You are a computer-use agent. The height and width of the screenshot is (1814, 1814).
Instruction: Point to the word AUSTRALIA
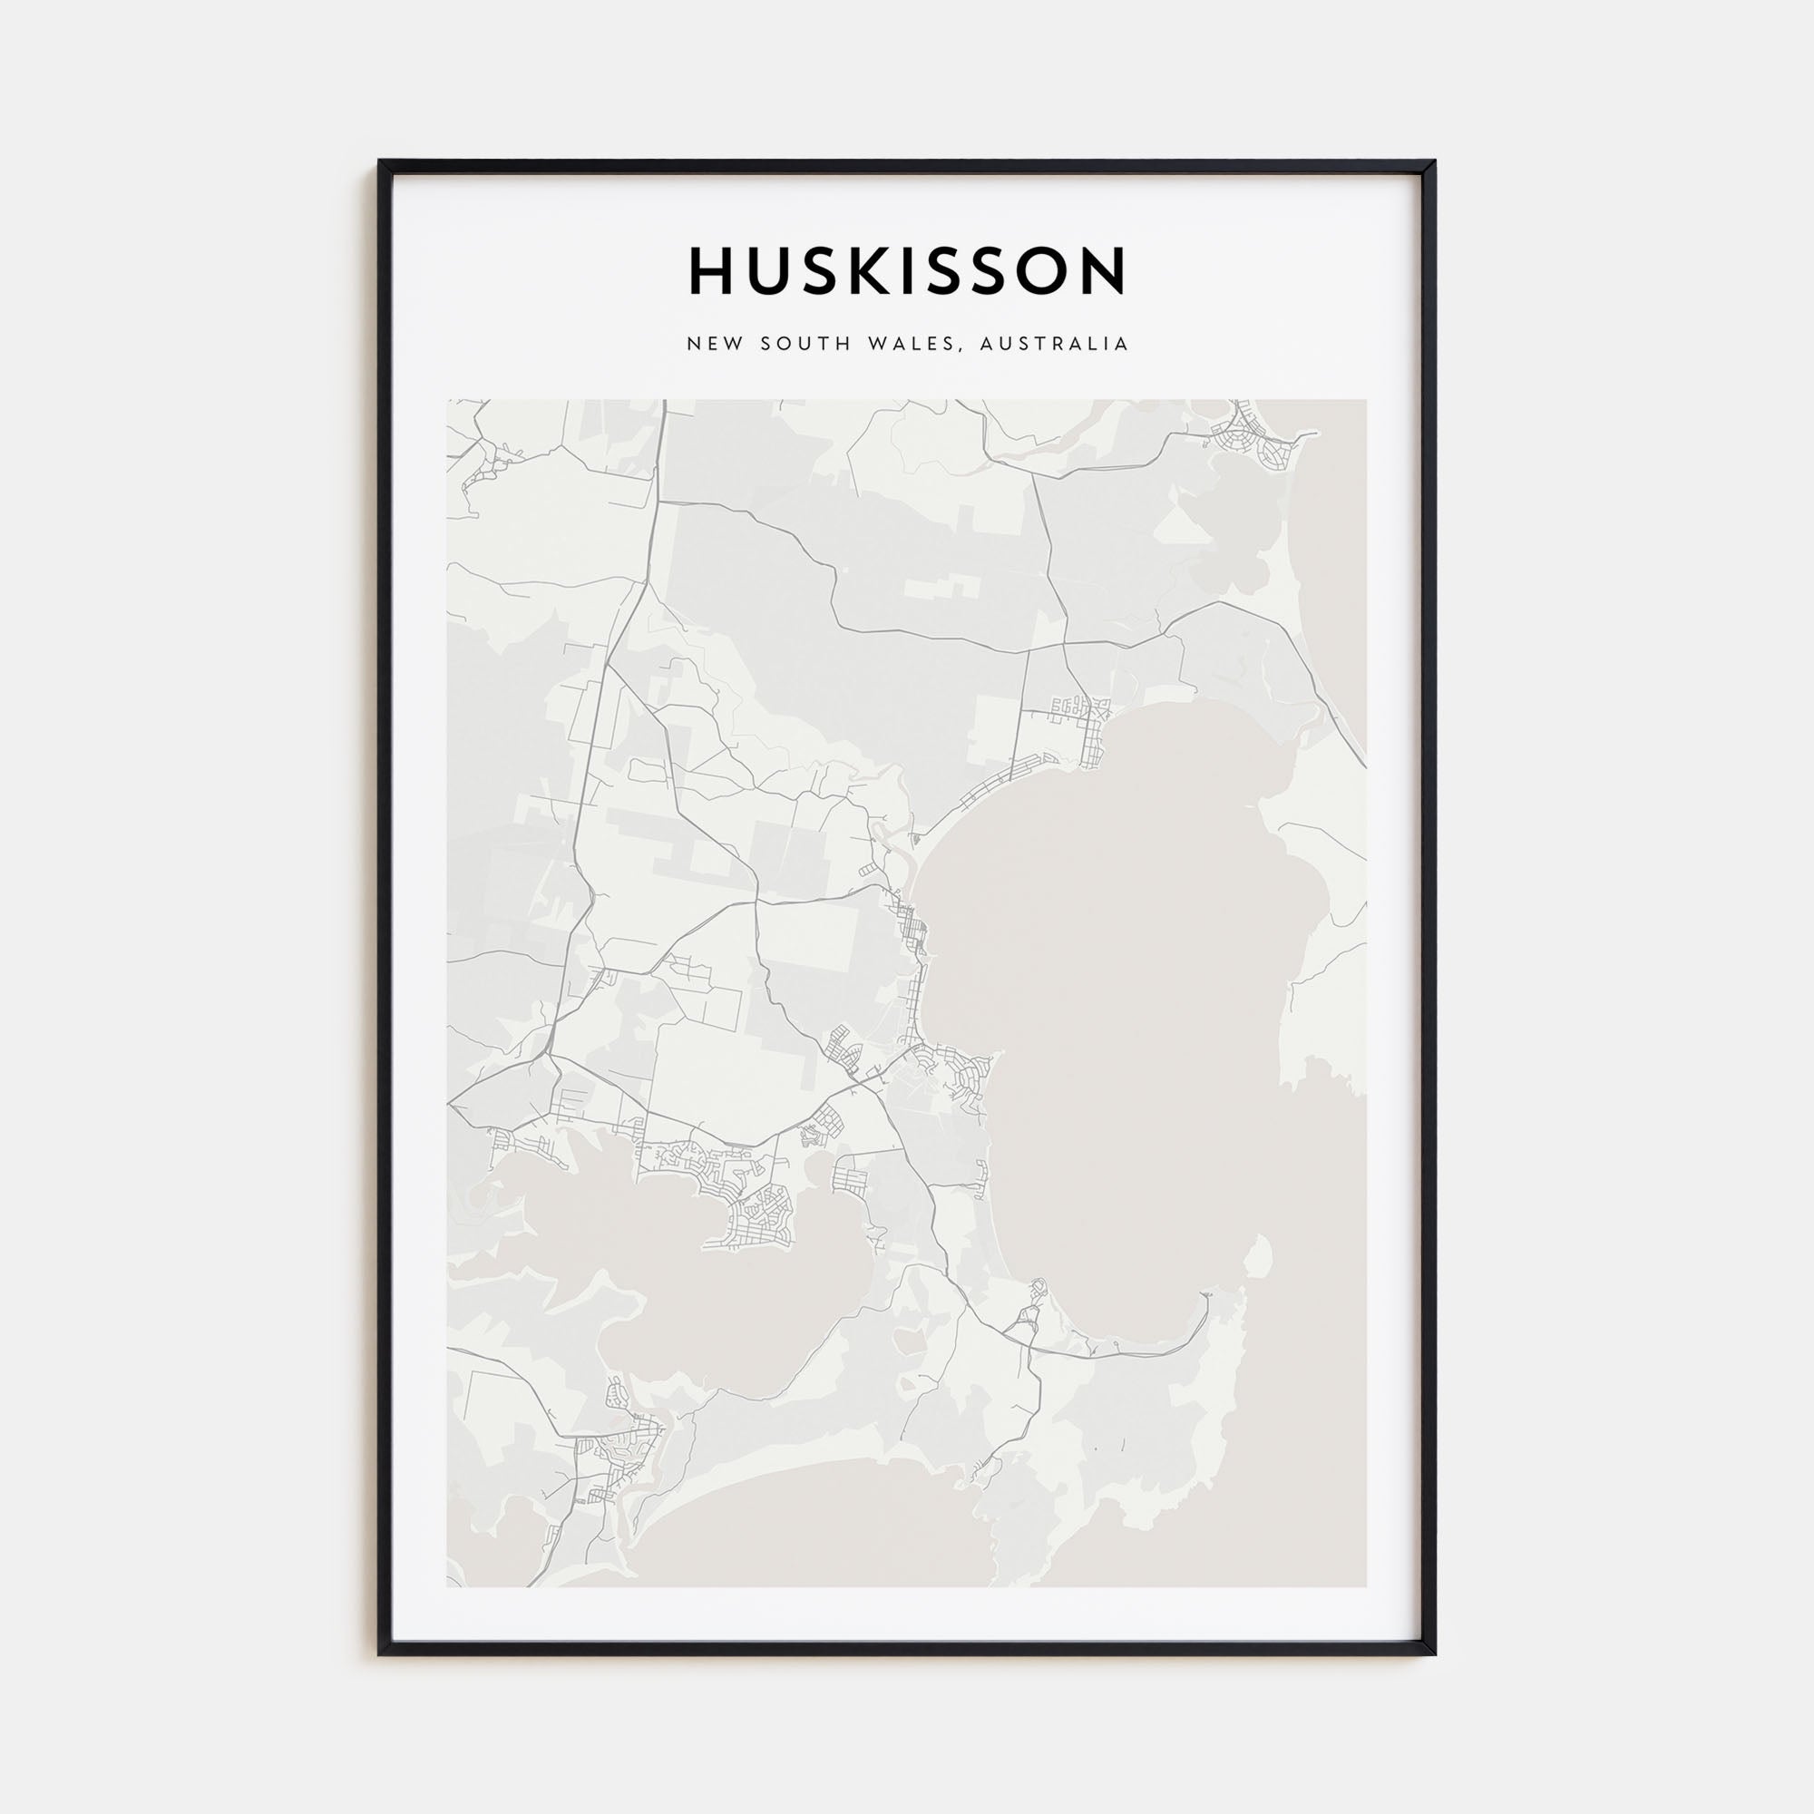tap(1053, 345)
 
